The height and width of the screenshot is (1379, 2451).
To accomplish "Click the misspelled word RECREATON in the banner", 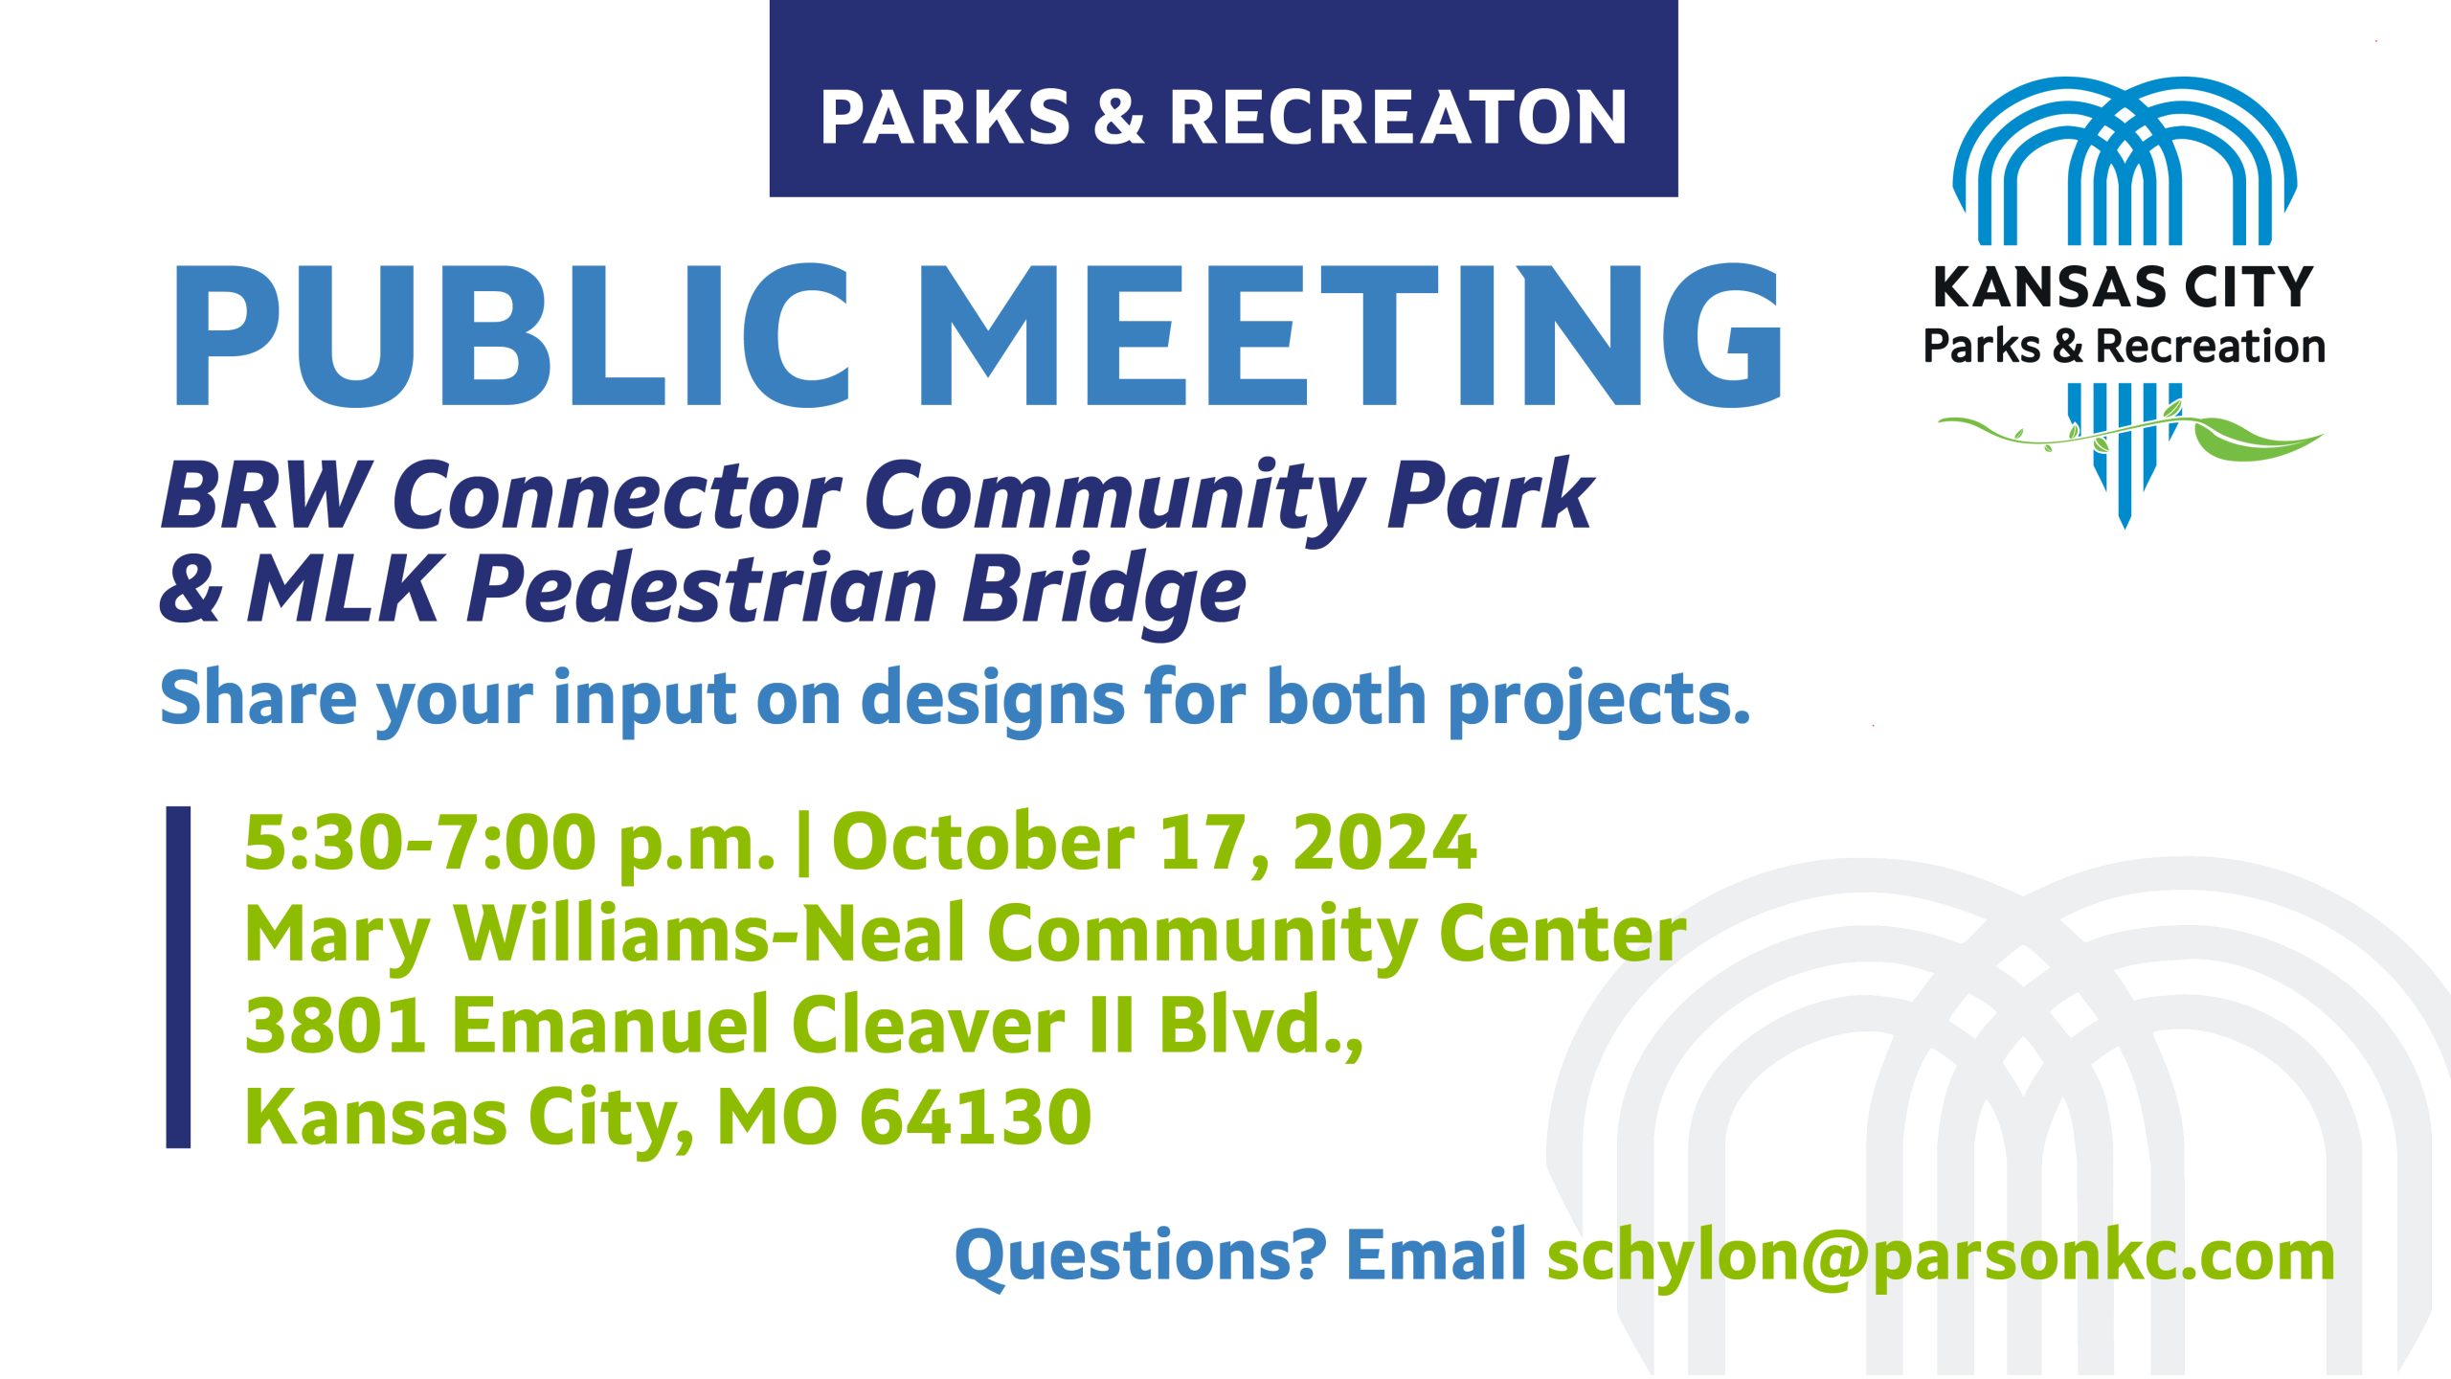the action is [1398, 118].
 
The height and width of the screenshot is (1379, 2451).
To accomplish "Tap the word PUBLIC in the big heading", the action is [511, 335].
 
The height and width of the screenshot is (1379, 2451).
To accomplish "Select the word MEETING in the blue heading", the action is [1350, 335].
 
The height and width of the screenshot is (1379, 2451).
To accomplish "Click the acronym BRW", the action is [266, 495].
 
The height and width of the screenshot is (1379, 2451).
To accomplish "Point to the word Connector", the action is [617, 495].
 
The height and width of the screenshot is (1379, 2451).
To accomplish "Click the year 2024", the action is [1384, 843].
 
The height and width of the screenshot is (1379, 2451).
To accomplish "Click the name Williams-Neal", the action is [709, 934].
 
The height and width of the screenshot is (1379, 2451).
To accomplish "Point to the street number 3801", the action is [336, 1025].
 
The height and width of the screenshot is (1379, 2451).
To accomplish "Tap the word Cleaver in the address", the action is [928, 1025].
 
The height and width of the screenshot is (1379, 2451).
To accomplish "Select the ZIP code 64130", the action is [976, 1117].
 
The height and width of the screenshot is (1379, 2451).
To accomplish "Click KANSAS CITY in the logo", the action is [2124, 287].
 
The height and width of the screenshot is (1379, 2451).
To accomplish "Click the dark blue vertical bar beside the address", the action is [178, 977].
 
